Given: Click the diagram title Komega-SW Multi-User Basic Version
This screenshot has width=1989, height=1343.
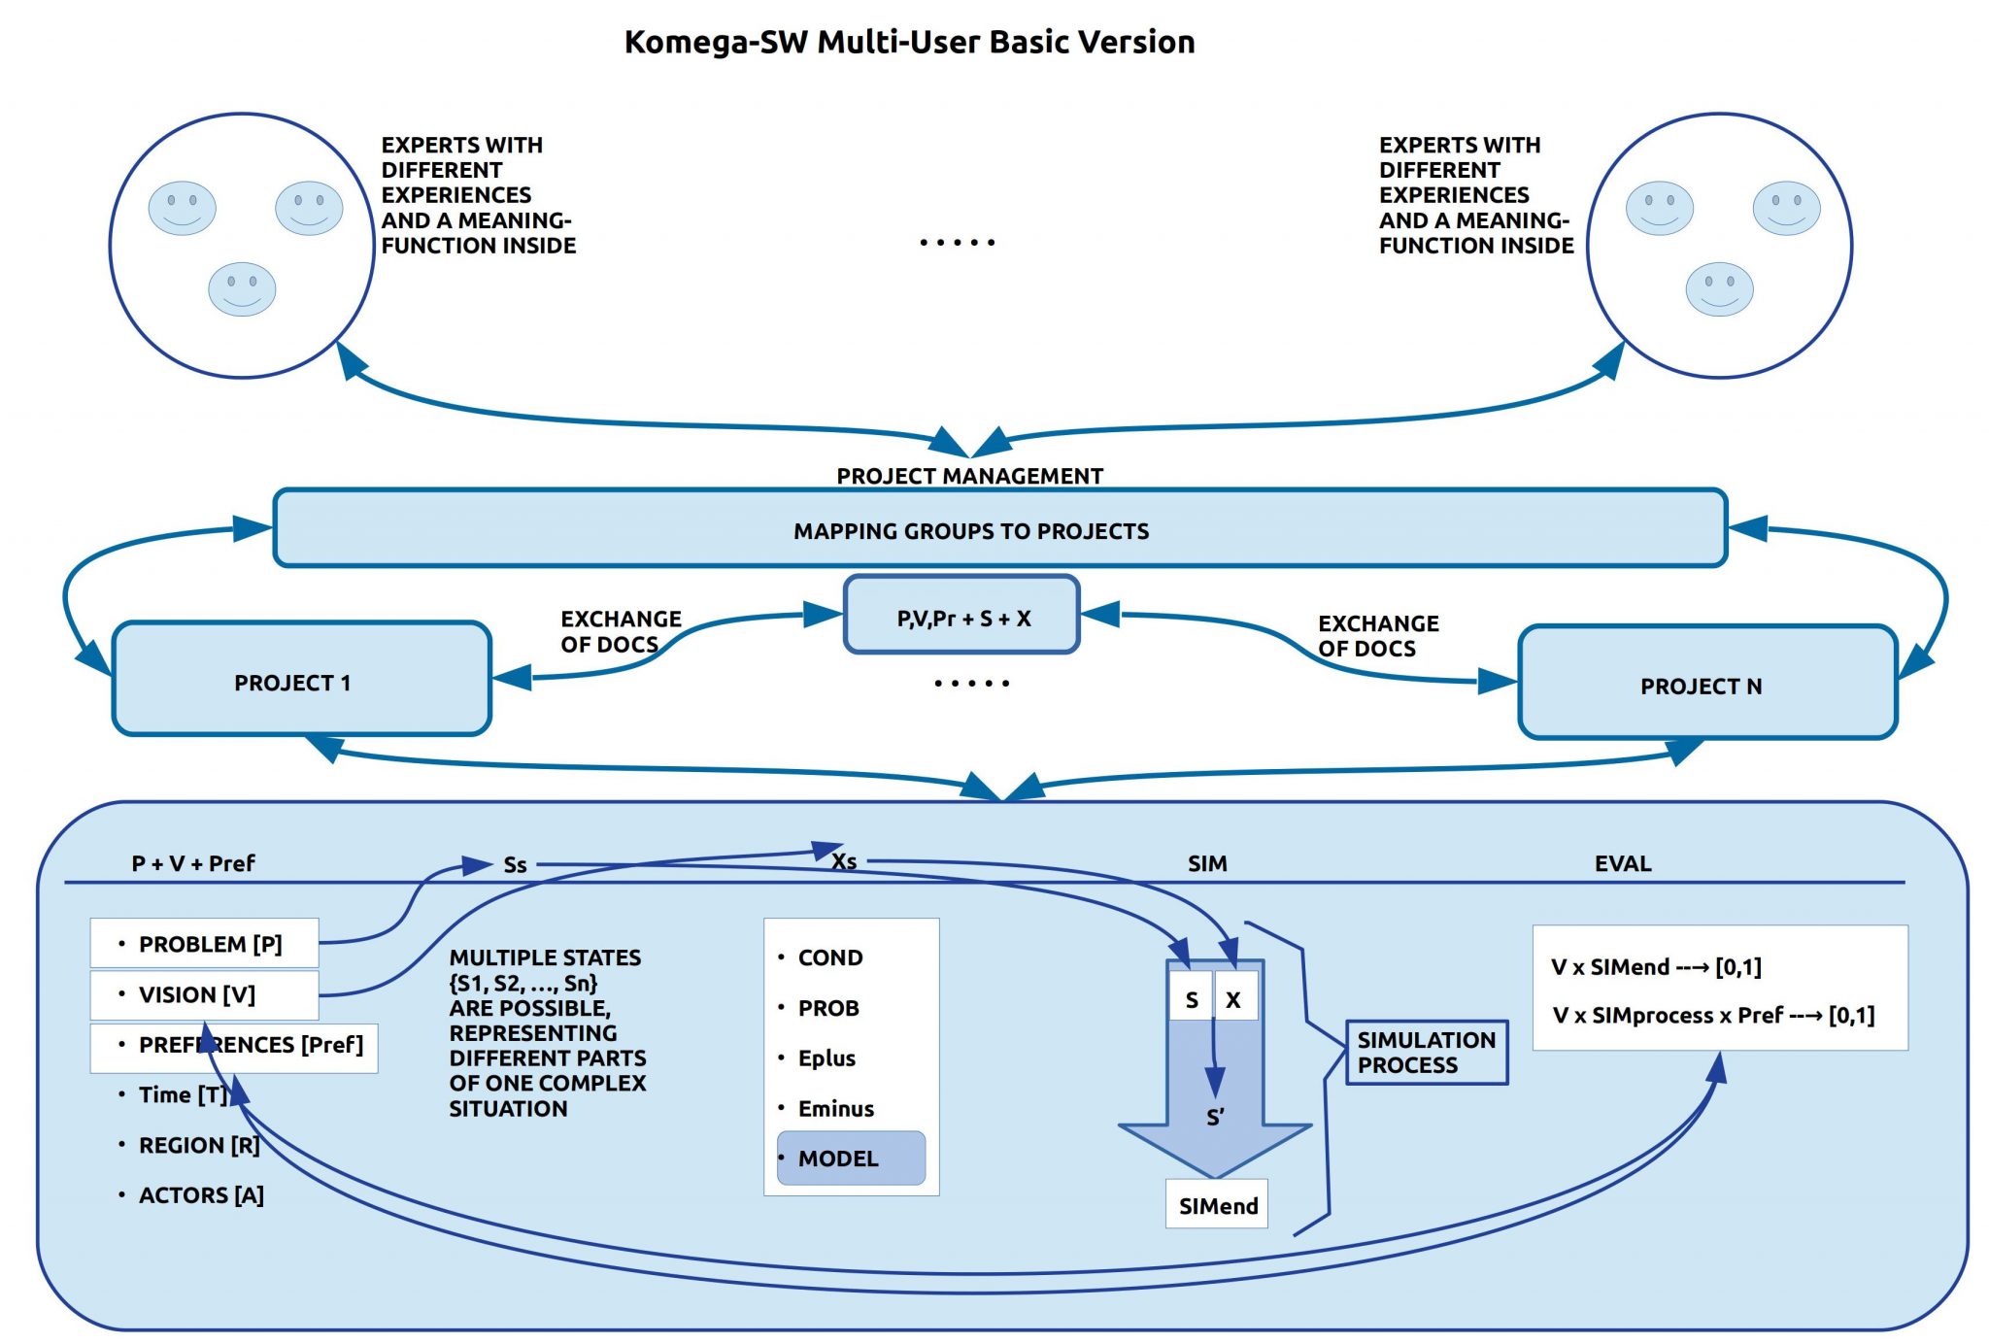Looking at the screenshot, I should coord(909,42).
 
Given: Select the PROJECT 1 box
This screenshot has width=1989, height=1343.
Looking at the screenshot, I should coord(301,680).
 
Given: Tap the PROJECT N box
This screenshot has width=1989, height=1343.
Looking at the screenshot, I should coord(1706,684).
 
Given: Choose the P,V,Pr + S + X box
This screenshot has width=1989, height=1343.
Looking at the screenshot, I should coord(961,616).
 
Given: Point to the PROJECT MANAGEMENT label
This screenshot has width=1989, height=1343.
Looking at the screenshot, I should coord(969,476).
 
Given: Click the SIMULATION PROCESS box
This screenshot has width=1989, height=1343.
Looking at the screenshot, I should coord(1426,1052).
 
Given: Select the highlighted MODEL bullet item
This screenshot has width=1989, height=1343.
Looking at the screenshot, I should coord(851,1158).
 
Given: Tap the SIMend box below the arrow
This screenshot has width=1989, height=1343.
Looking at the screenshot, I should coord(1217,1205).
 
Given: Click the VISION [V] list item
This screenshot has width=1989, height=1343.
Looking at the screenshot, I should coord(205,994).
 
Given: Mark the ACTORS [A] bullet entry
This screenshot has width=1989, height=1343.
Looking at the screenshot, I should coord(201,1194).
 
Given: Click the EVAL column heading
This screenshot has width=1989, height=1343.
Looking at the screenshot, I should coord(1622,863).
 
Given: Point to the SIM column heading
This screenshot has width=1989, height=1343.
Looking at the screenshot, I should coord(1207,863).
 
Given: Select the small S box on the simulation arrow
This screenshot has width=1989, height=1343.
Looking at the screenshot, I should coord(1191,999).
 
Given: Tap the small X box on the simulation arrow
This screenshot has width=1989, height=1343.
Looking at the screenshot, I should coord(1233,999).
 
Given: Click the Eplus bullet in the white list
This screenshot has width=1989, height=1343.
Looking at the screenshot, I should coord(826,1058).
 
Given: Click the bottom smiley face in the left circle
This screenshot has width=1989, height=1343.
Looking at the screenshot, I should coord(242,288).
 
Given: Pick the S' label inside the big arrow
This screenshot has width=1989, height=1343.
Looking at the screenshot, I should coord(1215,1117).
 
